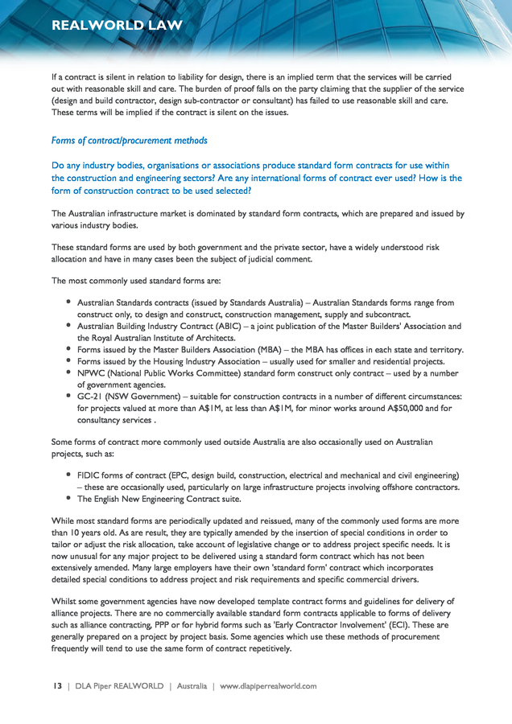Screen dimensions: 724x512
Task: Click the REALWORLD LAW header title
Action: click(x=117, y=26)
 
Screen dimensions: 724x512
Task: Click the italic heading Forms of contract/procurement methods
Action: click(x=129, y=141)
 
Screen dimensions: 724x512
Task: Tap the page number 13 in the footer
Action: click(x=57, y=686)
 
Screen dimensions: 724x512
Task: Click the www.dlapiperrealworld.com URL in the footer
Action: click(x=268, y=686)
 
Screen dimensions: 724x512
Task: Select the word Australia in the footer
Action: click(x=191, y=686)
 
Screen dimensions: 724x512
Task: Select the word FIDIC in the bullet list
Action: click(x=89, y=475)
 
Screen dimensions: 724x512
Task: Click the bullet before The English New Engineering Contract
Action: click(x=69, y=499)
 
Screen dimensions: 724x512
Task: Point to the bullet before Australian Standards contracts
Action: click(x=69, y=302)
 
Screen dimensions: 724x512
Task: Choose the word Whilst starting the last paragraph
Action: click(x=66, y=602)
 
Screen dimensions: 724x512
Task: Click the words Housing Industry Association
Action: click(x=196, y=361)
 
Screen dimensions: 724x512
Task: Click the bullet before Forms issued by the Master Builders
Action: click(x=69, y=350)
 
